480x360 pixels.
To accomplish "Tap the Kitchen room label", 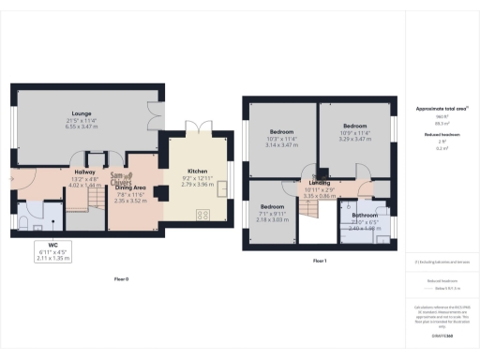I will (198, 171).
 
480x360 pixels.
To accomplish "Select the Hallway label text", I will (85, 172).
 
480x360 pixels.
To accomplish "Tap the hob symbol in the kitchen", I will (202, 215).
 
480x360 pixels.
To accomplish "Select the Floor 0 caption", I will (121, 279).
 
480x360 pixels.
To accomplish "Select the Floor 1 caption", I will (319, 259).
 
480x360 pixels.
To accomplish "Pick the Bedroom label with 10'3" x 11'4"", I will (281, 132).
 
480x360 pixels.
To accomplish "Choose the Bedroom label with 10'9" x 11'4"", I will (353, 126).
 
